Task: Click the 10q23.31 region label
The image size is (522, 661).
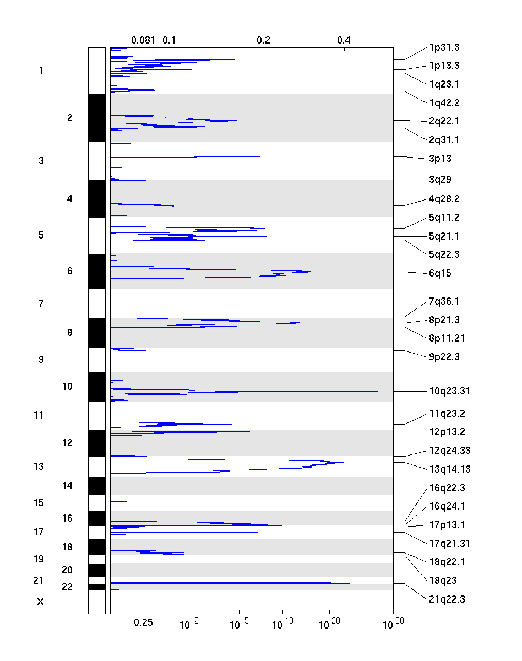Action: [449, 392]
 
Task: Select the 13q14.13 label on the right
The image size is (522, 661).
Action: [449, 470]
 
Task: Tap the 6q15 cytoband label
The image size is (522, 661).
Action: [440, 273]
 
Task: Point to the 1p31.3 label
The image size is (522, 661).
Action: [444, 48]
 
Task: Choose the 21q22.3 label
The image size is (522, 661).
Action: [447, 599]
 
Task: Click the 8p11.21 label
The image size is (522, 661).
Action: [447, 338]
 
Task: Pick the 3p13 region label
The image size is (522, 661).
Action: [440, 159]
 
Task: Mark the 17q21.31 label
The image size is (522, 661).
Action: [449, 544]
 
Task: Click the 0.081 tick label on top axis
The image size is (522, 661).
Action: [143, 40]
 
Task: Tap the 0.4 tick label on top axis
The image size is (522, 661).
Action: [344, 40]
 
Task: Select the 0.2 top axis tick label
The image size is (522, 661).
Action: [263, 40]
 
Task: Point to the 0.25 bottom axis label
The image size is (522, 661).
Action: [144, 622]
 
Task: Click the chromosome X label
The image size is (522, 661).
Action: [40, 602]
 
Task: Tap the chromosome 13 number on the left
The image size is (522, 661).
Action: [39, 467]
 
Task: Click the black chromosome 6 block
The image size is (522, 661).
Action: [97, 271]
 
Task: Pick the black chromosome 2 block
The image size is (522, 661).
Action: [97, 118]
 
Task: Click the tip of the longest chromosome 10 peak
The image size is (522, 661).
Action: [378, 391]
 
